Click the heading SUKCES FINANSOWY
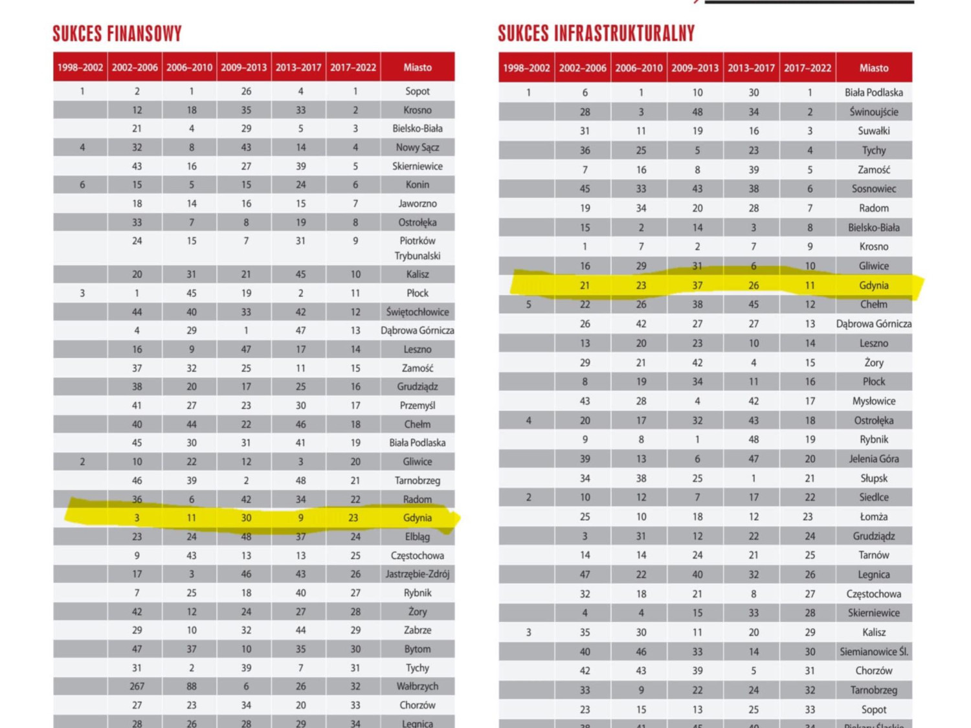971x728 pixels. [x=117, y=34]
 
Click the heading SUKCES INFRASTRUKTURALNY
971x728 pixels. [x=596, y=34]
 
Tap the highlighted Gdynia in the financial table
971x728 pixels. [x=417, y=518]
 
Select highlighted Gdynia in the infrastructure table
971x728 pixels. [x=873, y=285]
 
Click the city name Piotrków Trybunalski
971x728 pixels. [x=417, y=248]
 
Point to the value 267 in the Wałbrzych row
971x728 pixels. [x=137, y=686]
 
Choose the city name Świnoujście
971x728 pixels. [x=873, y=112]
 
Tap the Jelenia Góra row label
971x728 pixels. [x=873, y=459]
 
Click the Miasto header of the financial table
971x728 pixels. [x=417, y=67]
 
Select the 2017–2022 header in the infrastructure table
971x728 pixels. [x=807, y=68]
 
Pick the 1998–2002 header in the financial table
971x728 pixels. [x=80, y=67]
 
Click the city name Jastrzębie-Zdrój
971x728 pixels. [x=417, y=574]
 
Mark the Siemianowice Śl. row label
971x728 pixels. [x=873, y=652]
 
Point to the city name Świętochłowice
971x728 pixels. [x=417, y=312]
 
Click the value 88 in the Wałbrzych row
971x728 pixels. [x=191, y=686]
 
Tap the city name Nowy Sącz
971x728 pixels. [x=417, y=148]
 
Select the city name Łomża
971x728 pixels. [x=873, y=517]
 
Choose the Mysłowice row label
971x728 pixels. [x=873, y=401]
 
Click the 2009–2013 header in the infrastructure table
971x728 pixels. [x=695, y=68]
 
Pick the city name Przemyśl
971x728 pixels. [x=417, y=406]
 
